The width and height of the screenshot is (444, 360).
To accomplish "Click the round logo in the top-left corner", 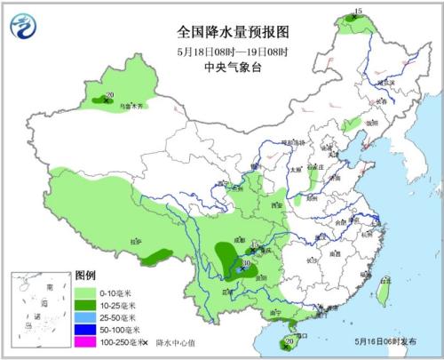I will point(21,25).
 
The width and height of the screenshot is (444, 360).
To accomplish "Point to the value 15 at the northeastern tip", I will point(358,11).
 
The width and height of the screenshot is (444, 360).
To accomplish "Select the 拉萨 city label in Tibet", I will point(136,240).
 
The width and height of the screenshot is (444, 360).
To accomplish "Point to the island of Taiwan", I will point(385,287).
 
